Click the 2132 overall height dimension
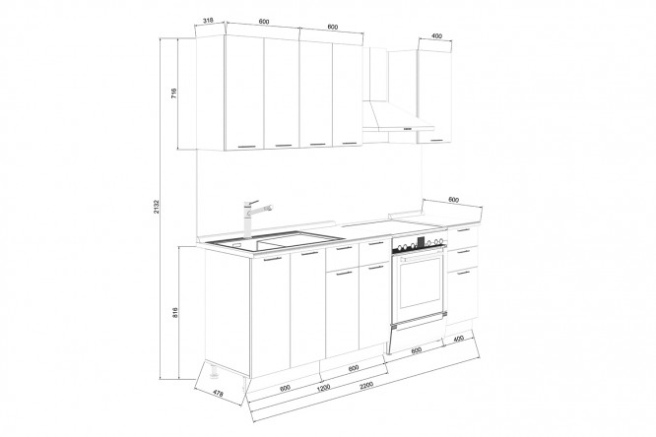[156, 207]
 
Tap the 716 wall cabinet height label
[174, 93]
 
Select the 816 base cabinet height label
[175, 312]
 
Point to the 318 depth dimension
[208, 20]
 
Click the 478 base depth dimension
[218, 393]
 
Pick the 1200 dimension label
[323, 387]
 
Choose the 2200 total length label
[365, 385]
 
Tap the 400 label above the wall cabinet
[436, 36]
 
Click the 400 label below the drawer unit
[459, 339]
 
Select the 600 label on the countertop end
[453, 200]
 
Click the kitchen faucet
[254, 218]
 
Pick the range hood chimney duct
[374, 74]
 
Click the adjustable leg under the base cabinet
[214, 371]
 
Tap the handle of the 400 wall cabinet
[438, 140]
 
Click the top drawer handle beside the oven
[464, 230]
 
